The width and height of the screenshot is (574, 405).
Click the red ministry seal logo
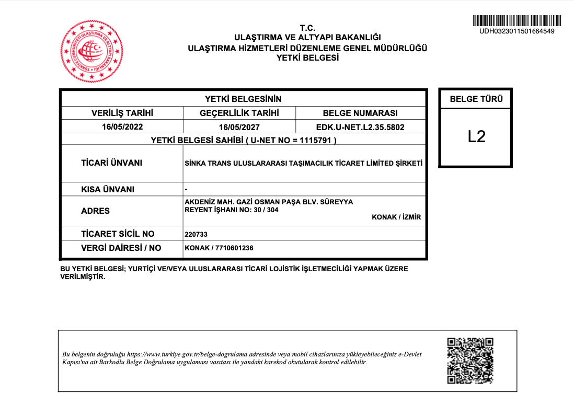(92, 51)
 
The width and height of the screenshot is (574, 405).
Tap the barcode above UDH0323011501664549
(516, 21)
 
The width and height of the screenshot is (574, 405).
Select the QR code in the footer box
(470, 361)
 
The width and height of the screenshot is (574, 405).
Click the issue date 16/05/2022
(122, 126)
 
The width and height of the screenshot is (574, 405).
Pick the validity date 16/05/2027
(239, 127)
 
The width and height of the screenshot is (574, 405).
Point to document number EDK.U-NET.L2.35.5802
(360, 127)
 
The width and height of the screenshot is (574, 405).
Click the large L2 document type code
(476, 136)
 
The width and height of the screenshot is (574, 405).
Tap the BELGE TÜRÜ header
(476, 99)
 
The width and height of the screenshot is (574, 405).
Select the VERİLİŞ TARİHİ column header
(122, 113)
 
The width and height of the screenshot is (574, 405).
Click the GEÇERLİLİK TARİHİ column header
(239, 113)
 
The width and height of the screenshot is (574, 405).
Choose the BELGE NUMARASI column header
(360, 113)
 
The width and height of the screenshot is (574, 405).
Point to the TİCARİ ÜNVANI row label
(111, 163)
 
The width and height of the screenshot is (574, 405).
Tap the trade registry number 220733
(197, 235)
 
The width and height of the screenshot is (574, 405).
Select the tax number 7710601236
(233, 248)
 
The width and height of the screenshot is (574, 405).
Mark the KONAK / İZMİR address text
(396, 217)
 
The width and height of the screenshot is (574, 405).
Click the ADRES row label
(96, 211)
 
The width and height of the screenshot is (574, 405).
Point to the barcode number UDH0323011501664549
(516, 31)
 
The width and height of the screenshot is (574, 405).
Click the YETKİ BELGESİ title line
(307, 58)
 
